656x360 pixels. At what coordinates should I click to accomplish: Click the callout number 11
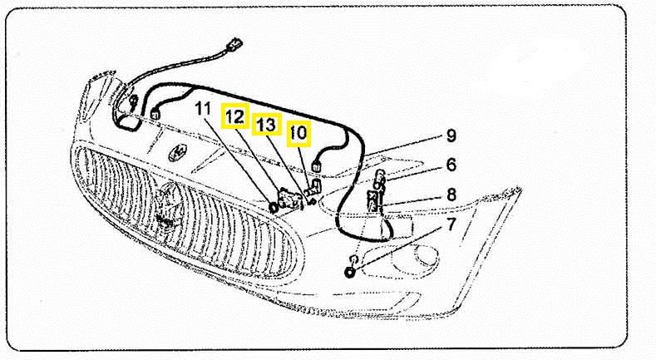(x=204, y=109)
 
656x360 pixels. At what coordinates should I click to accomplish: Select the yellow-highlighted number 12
(x=235, y=116)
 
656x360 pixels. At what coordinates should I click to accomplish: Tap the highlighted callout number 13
(x=266, y=125)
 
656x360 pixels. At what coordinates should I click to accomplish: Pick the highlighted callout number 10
(x=298, y=134)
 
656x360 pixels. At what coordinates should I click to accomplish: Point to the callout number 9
(x=451, y=136)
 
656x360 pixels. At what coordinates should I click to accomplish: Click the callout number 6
(x=451, y=165)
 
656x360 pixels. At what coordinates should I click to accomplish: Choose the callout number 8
(x=451, y=195)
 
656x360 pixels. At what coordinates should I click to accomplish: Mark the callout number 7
(x=451, y=225)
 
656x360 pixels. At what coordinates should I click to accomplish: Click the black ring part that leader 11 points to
(x=274, y=207)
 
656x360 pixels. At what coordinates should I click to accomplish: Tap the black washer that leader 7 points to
(x=349, y=273)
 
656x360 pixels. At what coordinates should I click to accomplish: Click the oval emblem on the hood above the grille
(x=178, y=153)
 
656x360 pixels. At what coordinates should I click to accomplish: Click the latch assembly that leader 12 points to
(x=290, y=198)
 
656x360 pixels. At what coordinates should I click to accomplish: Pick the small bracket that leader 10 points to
(x=314, y=187)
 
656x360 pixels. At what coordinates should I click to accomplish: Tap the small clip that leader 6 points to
(x=380, y=178)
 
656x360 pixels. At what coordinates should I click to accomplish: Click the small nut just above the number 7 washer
(x=353, y=259)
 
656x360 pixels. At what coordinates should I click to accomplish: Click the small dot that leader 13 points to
(x=311, y=202)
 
